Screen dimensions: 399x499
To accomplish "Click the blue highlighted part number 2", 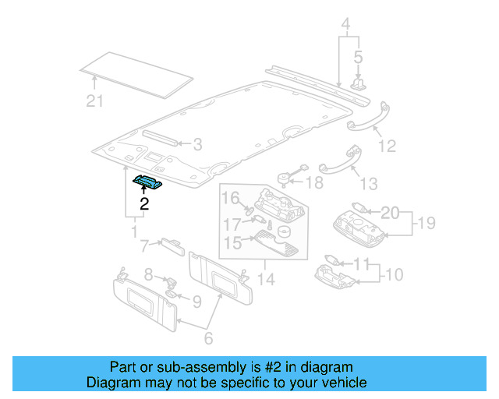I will (x=147, y=182).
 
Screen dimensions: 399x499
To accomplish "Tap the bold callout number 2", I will (x=143, y=204).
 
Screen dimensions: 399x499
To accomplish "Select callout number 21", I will (x=94, y=100).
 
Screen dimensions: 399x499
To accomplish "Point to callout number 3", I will (x=197, y=144).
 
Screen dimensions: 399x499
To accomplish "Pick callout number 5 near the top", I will (x=358, y=57).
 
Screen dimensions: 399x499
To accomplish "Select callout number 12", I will (x=387, y=146).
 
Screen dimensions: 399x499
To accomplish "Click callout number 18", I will (x=313, y=183).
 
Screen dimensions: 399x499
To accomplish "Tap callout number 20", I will (x=389, y=212).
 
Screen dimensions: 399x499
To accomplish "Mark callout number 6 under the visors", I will (x=207, y=339).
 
